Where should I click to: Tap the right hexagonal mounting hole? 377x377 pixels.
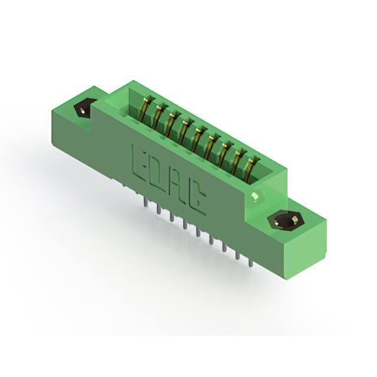[x=286, y=220]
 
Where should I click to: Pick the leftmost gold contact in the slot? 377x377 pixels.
[x=145, y=107]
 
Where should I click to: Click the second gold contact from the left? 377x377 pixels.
[x=158, y=115]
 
